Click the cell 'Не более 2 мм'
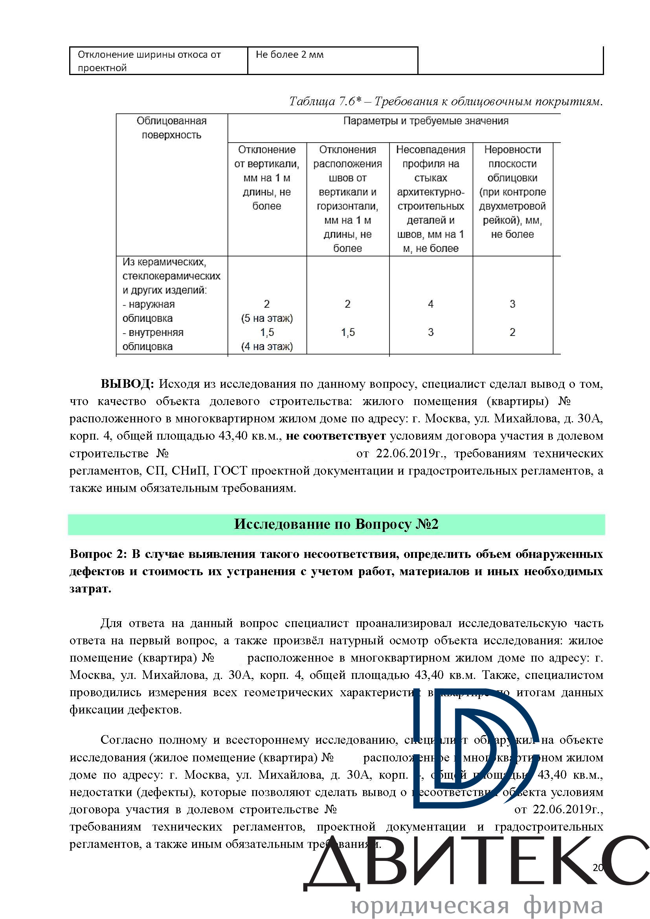[x=289, y=55]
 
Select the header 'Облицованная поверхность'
[x=171, y=128]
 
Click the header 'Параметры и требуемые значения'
[x=426, y=121]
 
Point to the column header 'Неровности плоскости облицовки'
[x=512, y=191]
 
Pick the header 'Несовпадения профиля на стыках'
[x=431, y=198]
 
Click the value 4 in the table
[x=431, y=304]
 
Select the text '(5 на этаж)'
[x=267, y=318]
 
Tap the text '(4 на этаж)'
[x=267, y=346]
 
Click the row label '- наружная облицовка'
[x=149, y=311]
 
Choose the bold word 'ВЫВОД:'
[x=127, y=384]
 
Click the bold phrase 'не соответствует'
[x=336, y=436]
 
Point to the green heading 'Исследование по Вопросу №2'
[x=336, y=525]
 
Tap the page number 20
[x=598, y=868]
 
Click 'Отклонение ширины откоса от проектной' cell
[x=149, y=61]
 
